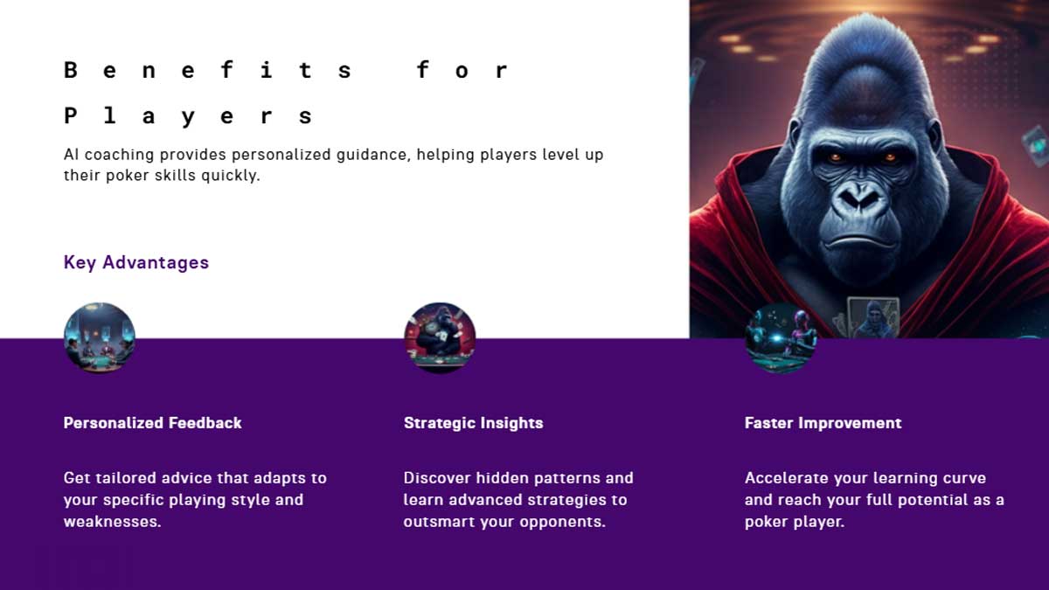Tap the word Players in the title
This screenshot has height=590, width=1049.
[188, 115]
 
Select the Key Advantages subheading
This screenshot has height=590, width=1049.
[136, 262]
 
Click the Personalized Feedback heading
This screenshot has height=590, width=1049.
[152, 423]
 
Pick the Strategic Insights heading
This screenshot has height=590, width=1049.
[473, 423]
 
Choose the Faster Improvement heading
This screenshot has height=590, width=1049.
[823, 423]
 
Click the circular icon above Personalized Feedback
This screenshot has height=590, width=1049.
[100, 338]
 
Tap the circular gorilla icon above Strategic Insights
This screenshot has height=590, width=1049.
[440, 338]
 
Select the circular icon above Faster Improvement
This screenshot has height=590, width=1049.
[780, 338]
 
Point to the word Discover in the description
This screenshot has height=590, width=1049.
[437, 478]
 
